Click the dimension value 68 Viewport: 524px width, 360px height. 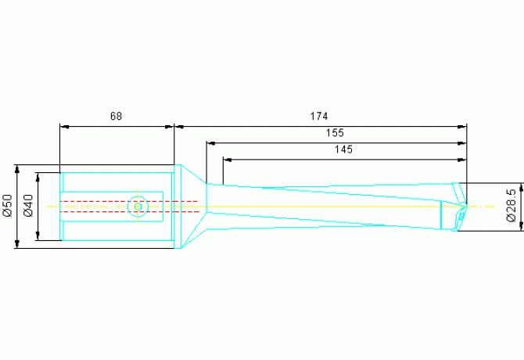point(116,116)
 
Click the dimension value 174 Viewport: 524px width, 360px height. point(318,116)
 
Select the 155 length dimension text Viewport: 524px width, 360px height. point(335,133)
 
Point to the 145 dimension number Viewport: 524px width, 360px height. point(343,149)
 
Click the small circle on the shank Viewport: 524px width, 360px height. point(138,207)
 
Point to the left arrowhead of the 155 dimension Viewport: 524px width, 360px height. point(210,142)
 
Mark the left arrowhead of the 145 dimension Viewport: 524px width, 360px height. point(227,159)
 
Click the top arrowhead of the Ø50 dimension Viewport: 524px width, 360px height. point(17,169)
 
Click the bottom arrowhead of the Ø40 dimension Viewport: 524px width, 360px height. point(38,236)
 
